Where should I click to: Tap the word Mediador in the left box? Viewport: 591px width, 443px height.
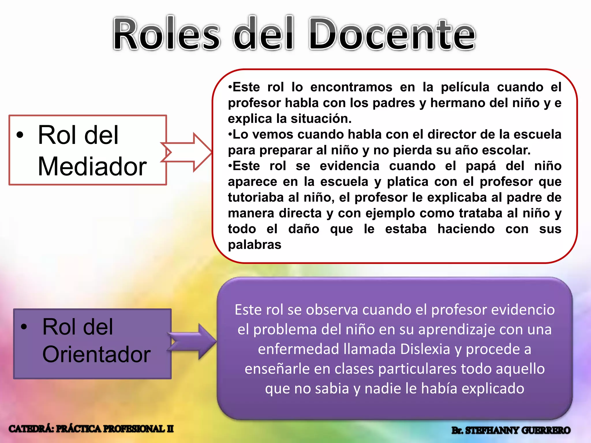pos(92,167)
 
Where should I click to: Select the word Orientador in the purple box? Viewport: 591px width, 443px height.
pos(96,354)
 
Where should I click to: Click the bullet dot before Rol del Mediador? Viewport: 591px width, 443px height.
pos(20,135)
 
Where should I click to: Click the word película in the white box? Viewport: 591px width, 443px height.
pos(465,87)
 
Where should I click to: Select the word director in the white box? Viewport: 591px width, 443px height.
pos(452,134)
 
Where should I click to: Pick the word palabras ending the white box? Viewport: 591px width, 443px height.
pos(255,245)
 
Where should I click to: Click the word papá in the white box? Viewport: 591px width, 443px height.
pos(480,166)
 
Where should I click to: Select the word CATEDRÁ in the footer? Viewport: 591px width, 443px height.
pos(31,429)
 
